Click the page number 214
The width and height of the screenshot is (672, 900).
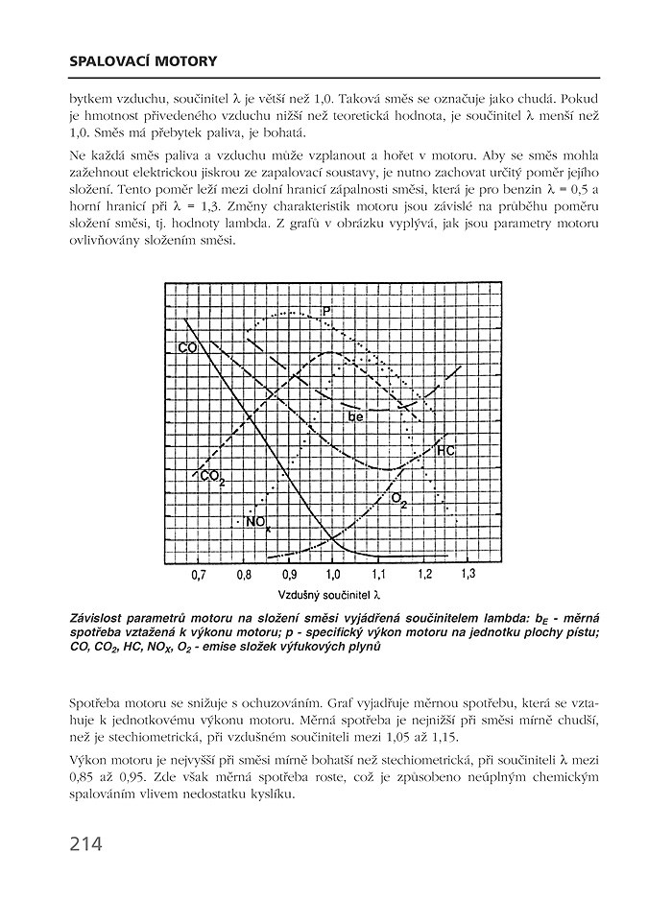click(85, 844)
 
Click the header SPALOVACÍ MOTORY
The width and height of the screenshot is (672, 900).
click(142, 61)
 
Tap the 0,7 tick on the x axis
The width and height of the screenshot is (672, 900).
click(199, 576)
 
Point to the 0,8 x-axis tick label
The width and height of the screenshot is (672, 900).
click(243, 576)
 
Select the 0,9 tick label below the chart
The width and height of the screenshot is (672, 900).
click(289, 576)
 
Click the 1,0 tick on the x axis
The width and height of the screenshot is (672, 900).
click(333, 576)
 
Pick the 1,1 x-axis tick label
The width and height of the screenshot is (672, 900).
click(379, 576)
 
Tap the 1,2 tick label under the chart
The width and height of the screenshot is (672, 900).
click(423, 575)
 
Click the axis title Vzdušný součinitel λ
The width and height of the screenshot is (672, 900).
click(332, 595)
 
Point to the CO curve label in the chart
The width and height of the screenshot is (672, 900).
click(188, 347)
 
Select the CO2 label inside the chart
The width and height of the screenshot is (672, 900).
click(212, 478)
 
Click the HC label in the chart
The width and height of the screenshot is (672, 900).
click(445, 450)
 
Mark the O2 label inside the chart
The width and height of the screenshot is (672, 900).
click(399, 501)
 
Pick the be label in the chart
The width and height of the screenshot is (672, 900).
click(355, 416)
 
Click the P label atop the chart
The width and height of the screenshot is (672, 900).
click(327, 311)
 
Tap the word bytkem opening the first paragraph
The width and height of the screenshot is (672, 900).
click(90, 98)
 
